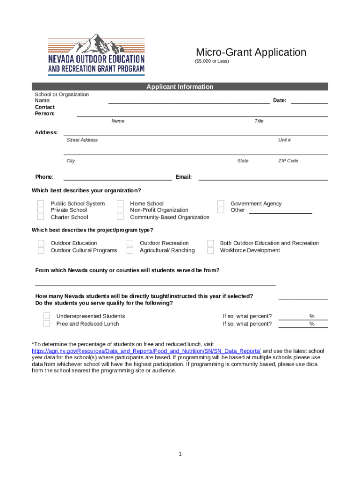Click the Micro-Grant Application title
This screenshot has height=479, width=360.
pos(251,52)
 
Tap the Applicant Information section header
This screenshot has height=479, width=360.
pos(180,87)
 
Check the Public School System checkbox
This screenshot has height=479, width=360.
pos(41,203)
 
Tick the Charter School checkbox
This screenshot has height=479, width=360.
pos(41,217)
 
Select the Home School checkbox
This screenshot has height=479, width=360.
pos(120,203)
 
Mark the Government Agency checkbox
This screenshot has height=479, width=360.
pos(221,203)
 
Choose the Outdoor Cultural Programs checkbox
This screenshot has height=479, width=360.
pos(41,250)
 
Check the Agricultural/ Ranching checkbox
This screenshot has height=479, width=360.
pos(130,250)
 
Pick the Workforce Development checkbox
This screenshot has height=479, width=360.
pos(210,250)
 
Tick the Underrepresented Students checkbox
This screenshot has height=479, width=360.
pos(47,316)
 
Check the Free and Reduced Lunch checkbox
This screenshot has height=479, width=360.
pos(47,324)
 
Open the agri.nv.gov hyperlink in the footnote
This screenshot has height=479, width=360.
pos(146,351)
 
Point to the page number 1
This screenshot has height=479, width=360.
pos(180,454)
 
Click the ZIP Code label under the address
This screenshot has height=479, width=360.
pos(288,161)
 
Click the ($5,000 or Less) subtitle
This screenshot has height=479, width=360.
pos(212,62)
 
